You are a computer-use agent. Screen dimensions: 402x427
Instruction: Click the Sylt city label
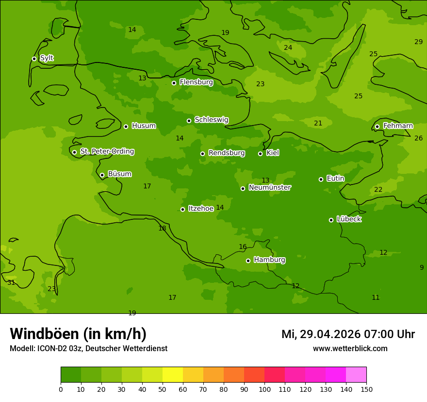coord(47,58)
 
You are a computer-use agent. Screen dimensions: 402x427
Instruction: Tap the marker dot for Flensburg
coord(174,83)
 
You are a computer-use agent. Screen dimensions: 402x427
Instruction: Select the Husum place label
coord(144,126)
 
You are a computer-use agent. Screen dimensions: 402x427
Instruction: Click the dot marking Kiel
coord(260,154)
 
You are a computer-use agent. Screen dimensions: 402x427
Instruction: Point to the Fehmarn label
coord(398,126)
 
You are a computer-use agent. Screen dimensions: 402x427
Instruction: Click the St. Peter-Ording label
coord(107,152)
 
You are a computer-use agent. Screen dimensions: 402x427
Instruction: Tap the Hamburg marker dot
coord(248,261)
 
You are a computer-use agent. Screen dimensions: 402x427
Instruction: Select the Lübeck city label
coord(349,219)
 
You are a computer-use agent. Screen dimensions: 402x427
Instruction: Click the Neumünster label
coord(270,187)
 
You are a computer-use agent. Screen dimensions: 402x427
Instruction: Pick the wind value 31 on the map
coord(11,283)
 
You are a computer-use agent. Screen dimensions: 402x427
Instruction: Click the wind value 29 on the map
coord(418,42)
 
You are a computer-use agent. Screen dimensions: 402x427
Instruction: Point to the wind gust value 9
coord(422,268)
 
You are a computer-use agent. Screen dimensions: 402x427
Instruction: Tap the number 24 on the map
coord(288,48)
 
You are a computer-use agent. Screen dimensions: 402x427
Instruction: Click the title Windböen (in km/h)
coord(78,334)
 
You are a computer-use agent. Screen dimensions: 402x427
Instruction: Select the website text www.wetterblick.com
coord(350,349)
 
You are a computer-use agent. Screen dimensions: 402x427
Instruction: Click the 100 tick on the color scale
coord(264,389)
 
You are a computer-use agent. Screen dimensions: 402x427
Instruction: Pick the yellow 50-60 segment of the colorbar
coord(173,375)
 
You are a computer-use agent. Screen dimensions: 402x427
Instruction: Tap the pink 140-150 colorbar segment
coord(356,375)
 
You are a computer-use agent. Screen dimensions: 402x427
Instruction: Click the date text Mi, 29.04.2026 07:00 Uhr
coord(348,334)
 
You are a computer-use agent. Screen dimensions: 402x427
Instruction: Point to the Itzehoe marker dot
coord(182,209)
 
